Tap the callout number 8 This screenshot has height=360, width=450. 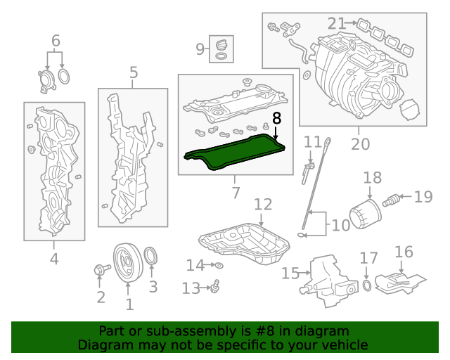(x=276, y=117)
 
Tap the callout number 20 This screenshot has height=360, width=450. (x=360, y=144)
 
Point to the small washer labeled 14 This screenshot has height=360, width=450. (x=219, y=265)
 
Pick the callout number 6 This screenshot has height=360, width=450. (x=56, y=41)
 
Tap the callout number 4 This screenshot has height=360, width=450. (x=54, y=259)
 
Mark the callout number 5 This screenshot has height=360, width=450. (x=133, y=72)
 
